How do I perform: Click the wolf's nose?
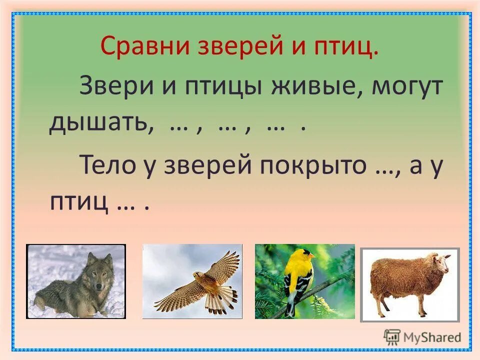click(x=98, y=288)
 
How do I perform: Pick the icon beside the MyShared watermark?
click(x=392, y=336)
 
